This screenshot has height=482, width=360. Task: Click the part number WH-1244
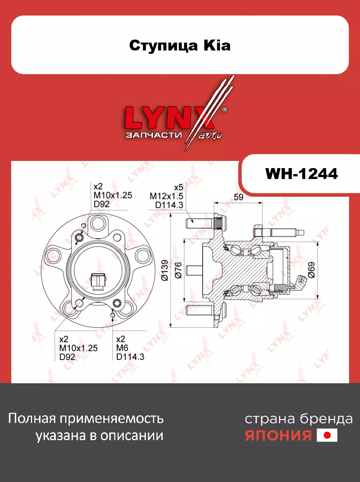click(x=301, y=174)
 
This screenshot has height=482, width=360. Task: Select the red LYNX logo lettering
click(x=169, y=118)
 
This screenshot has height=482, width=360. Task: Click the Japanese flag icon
click(x=327, y=435)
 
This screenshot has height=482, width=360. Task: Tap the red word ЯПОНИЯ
click(x=278, y=435)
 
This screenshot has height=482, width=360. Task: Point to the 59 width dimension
click(x=238, y=197)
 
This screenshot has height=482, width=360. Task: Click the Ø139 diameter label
click(x=165, y=270)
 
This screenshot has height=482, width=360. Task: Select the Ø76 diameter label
click(x=178, y=270)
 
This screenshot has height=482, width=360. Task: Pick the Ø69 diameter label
click(x=311, y=270)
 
